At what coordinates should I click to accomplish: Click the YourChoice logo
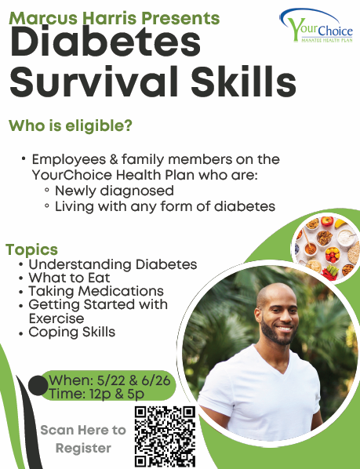[x=316, y=25]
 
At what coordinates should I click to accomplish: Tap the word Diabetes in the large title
[x=105, y=42]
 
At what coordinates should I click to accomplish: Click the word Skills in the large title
[x=243, y=81]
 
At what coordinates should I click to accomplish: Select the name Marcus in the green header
[x=44, y=18]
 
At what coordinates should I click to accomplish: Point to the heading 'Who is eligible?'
[x=71, y=125]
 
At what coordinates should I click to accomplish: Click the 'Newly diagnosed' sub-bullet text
[x=115, y=191]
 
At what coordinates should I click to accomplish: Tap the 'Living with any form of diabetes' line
[x=165, y=206]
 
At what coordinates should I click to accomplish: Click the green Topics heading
[x=31, y=250]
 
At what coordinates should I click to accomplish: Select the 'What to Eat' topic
[x=69, y=278]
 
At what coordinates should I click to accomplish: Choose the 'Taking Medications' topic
[x=96, y=291]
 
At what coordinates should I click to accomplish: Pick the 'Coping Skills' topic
[x=71, y=332]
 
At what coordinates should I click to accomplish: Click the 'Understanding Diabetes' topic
[x=113, y=264]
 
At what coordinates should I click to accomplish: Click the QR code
[x=165, y=436]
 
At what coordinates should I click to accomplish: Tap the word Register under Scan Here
[x=83, y=449]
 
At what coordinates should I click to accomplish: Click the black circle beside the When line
[x=38, y=386]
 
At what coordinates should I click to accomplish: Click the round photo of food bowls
[x=326, y=247]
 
